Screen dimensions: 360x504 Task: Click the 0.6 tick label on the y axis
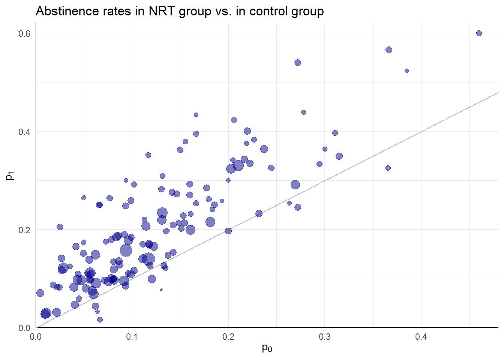[x=24, y=33]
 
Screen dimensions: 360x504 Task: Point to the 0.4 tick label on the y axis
[x=24, y=132]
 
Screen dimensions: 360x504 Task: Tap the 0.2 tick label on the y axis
[x=24, y=230]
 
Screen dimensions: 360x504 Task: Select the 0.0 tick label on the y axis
[x=24, y=328]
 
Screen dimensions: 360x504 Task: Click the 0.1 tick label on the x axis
[x=132, y=337]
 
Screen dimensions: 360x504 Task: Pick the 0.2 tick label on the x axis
[x=228, y=337]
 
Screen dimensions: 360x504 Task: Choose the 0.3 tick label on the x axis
[x=325, y=337]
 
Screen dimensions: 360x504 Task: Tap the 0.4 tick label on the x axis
[x=421, y=337]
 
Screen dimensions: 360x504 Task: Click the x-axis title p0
[x=267, y=348]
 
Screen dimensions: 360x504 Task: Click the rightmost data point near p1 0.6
[x=479, y=33]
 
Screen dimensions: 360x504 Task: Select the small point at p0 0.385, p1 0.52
[x=406, y=71]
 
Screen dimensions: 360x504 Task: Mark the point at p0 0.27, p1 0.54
[x=298, y=63]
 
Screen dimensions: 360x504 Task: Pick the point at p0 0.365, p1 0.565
[x=389, y=50]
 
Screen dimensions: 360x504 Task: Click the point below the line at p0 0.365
[x=388, y=168]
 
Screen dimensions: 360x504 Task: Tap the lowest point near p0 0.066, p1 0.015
[x=100, y=320]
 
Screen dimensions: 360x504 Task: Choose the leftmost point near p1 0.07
[x=40, y=293]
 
